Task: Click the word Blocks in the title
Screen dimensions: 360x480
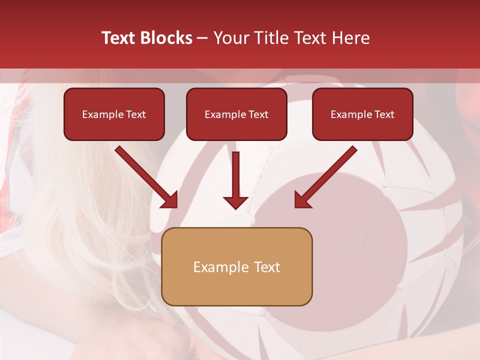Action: coord(167,38)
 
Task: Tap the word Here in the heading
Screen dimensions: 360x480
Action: coord(349,38)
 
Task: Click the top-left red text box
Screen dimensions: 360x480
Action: coord(114,114)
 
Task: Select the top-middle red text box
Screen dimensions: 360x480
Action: coord(236,114)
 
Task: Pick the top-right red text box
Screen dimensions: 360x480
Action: coord(362,114)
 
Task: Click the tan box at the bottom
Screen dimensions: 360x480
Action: coord(237,266)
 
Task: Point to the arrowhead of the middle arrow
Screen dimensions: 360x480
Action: coord(235,202)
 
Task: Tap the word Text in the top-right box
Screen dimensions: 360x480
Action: coord(384,114)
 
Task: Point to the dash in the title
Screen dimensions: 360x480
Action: coord(202,38)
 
